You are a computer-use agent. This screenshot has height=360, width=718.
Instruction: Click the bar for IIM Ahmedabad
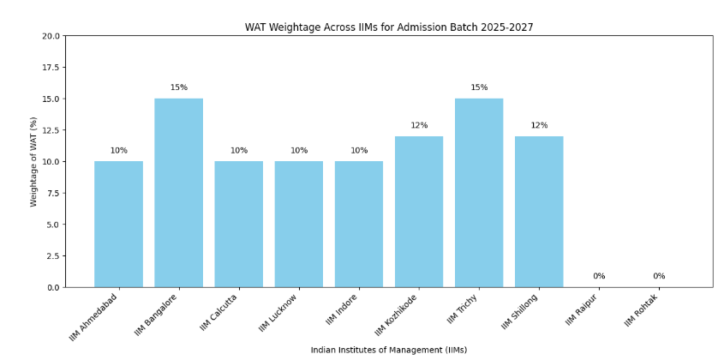pyautogui.click(x=118, y=224)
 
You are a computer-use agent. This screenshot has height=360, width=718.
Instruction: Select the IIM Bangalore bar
pyautogui.click(x=178, y=193)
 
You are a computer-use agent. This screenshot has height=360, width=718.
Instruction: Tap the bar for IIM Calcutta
pyautogui.click(x=238, y=224)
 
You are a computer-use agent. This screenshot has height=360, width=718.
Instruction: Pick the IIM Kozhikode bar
pyautogui.click(x=419, y=212)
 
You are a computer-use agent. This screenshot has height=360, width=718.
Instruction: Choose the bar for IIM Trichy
pyautogui.click(x=479, y=193)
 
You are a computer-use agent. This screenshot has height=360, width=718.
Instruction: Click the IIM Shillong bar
pyautogui.click(x=539, y=212)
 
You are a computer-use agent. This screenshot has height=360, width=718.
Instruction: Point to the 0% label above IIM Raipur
pyautogui.click(x=599, y=276)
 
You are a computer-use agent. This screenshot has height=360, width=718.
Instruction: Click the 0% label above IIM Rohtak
pyautogui.click(x=659, y=276)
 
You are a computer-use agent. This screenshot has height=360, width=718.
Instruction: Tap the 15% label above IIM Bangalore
pyautogui.click(x=178, y=87)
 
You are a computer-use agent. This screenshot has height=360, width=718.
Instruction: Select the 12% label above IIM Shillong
pyautogui.click(x=539, y=125)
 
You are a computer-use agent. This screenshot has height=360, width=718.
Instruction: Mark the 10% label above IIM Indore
pyautogui.click(x=359, y=151)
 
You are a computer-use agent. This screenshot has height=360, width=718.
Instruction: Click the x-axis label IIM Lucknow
pyautogui.click(x=279, y=313)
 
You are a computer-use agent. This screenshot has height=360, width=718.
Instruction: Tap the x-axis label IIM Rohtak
pyautogui.click(x=641, y=310)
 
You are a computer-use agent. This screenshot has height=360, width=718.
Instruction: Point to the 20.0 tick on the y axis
pyautogui.click(x=51, y=36)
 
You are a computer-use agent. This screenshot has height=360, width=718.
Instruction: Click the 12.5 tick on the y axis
pyautogui.click(x=51, y=130)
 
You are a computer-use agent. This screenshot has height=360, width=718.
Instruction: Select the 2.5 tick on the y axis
pyautogui.click(x=53, y=255)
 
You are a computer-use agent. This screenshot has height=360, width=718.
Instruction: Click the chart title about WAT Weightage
pyautogui.click(x=388, y=27)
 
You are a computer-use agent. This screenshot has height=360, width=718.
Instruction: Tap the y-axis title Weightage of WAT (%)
pyautogui.click(x=34, y=161)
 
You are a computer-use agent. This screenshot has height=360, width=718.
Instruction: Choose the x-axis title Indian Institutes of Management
pyautogui.click(x=388, y=350)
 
